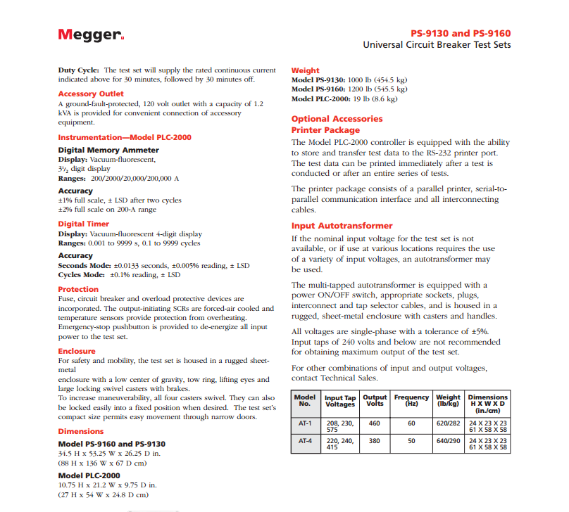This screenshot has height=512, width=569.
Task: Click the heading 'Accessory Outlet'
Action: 91,94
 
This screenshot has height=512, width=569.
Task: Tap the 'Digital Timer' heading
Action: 83,224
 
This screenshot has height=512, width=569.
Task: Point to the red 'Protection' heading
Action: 78,289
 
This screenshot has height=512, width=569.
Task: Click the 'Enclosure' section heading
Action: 76,350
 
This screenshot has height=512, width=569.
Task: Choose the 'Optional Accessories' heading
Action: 337,119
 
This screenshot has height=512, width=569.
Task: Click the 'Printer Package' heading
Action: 325,130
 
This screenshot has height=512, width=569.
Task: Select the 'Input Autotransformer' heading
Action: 342,226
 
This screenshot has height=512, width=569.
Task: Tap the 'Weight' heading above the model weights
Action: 305,70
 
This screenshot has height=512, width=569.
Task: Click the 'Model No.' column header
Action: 305,400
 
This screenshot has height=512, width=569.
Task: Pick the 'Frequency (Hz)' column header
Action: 411,400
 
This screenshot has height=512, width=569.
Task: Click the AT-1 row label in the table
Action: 305,423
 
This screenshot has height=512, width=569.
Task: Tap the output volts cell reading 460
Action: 375,423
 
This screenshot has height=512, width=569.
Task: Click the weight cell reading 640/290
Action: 448,442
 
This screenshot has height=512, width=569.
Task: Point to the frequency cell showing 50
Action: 411,442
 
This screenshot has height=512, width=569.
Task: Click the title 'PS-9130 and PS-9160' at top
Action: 461,33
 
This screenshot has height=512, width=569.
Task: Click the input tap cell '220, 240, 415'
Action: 341,445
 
